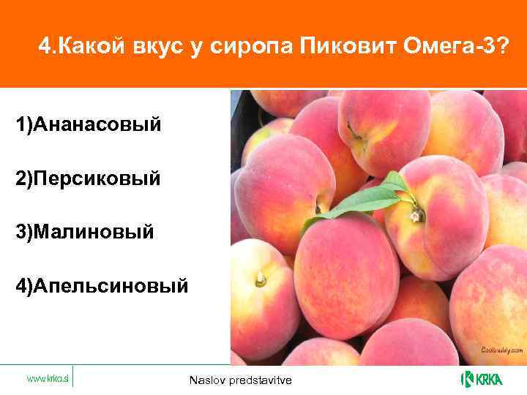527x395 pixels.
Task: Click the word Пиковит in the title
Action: click(x=347, y=48)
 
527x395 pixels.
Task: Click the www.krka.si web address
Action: click(x=47, y=378)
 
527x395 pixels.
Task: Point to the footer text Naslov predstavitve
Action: click(x=239, y=380)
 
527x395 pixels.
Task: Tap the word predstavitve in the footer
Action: click(x=259, y=380)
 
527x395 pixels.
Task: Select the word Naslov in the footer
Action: click(x=207, y=380)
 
